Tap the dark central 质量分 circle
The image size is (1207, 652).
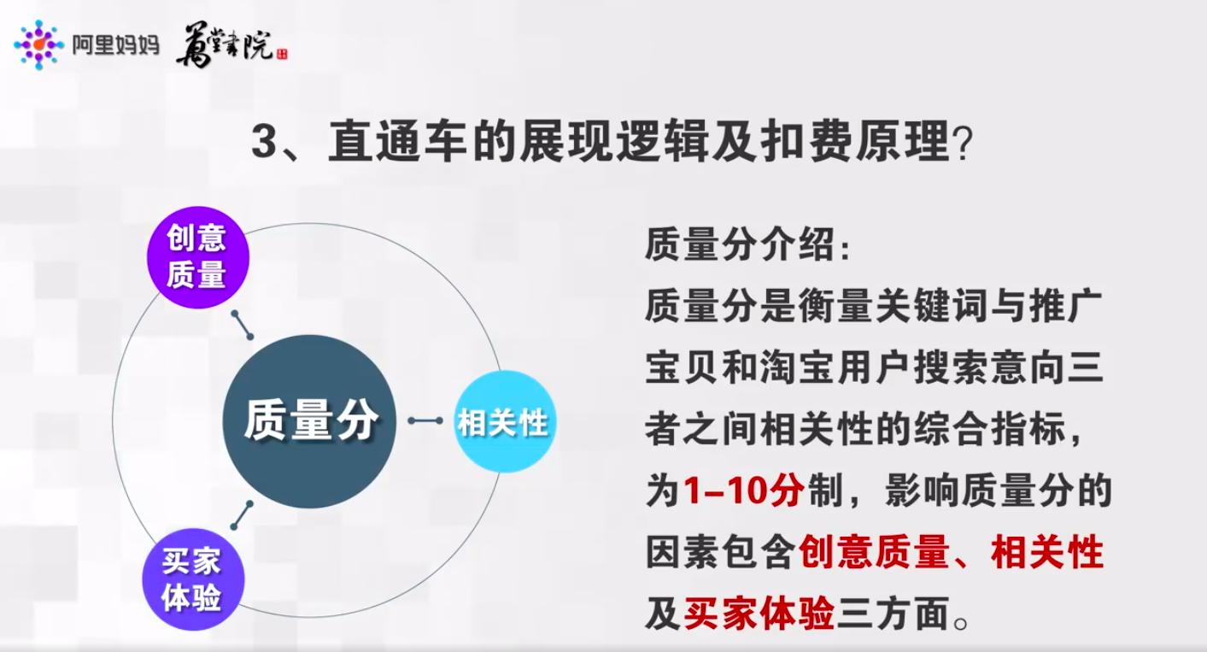309,421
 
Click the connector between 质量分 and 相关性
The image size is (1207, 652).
425,420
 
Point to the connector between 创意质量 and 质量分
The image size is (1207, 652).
243,325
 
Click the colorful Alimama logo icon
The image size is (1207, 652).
38,44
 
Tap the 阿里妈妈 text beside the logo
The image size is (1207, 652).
115,45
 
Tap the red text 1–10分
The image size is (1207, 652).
744,493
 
